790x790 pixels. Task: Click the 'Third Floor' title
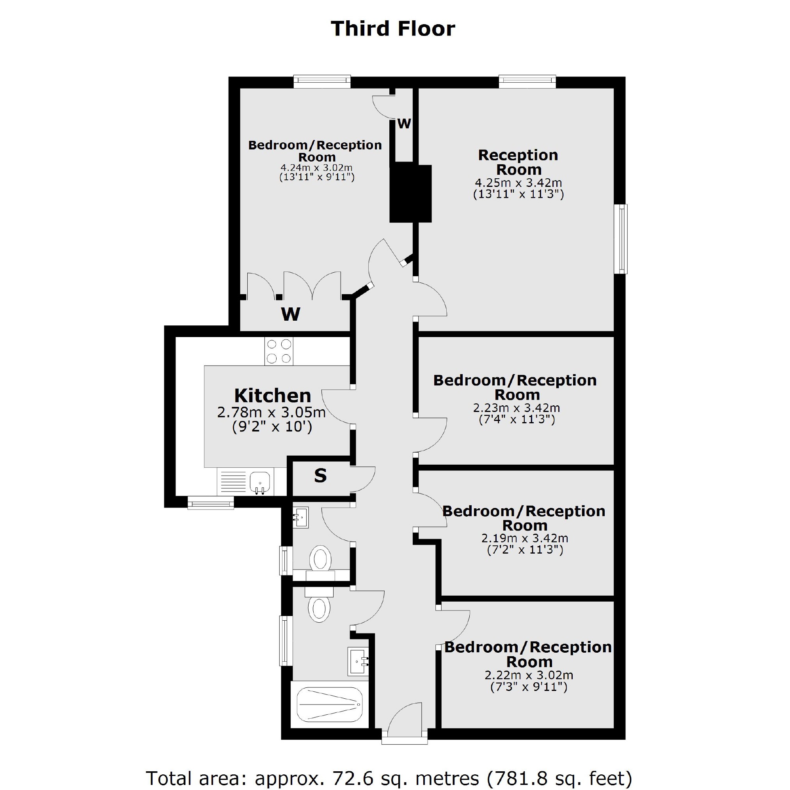(x=392, y=28)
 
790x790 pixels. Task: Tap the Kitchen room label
(x=272, y=396)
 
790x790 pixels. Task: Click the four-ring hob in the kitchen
(x=279, y=351)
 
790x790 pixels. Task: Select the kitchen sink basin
(x=260, y=481)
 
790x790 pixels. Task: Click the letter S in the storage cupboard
(x=320, y=476)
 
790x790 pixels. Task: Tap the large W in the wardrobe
(x=290, y=314)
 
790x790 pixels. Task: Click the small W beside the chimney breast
(x=404, y=124)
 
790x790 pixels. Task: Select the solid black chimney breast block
(x=410, y=194)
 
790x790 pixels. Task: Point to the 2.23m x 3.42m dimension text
(x=517, y=408)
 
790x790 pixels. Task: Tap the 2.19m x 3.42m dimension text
(x=525, y=538)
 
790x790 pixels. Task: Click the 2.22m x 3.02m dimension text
(x=529, y=675)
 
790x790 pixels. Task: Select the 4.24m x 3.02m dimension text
(x=316, y=168)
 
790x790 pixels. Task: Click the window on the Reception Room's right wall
(x=621, y=239)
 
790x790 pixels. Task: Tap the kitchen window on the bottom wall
(x=211, y=502)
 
